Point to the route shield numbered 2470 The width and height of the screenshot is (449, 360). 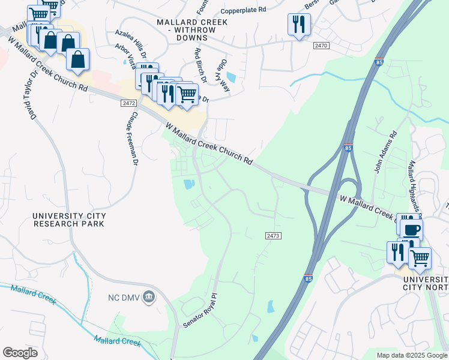coord(322,46)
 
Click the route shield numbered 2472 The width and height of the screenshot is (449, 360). coord(128,103)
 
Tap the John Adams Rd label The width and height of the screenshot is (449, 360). coord(385,152)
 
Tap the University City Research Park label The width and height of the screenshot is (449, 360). coord(69,220)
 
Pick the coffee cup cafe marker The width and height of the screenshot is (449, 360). coord(412,229)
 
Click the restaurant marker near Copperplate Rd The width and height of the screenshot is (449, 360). coord(299,25)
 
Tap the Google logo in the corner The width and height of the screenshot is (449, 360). coord(20,353)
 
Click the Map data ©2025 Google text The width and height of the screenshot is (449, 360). coord(412,355)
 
